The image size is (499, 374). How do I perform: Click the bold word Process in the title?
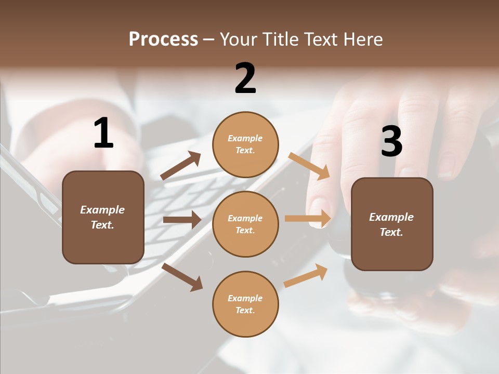click(163, 39)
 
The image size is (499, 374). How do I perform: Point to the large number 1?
click(103, 133)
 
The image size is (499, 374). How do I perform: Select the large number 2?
click(245, 79)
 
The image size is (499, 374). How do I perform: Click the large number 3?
click(391, 142)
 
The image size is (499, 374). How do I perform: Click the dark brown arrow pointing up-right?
click(181, 166)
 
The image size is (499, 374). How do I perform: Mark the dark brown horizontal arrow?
click(182, 220)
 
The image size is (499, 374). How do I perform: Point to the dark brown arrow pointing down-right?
click(182, 277)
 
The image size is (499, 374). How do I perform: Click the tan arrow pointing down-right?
click(309, 166)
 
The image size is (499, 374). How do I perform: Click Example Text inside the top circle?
click(245, 144)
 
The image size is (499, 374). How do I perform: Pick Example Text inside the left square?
click(103, 217)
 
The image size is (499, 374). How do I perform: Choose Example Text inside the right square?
click(392, 224)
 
